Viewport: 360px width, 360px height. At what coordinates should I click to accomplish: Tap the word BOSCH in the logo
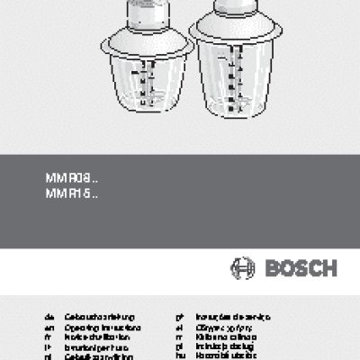tap(299, 267)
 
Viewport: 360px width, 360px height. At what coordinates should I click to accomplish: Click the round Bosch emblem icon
tap(243, 267)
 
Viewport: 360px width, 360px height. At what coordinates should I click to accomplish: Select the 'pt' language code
tap(181, 318)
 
